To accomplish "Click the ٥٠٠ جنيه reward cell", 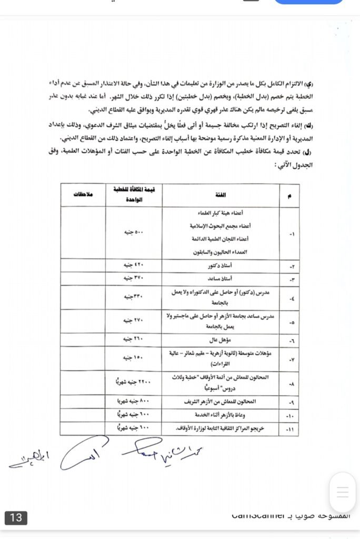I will point(134,232).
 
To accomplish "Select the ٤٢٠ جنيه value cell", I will point(134,266).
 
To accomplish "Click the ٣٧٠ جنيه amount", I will point(134,278).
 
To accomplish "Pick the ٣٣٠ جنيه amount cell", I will point(134,297).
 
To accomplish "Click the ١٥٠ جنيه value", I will point(134,358).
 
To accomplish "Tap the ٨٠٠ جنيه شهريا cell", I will point(134,402).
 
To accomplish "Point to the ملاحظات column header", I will point(83,195).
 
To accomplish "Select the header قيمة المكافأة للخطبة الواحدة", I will point(134,195).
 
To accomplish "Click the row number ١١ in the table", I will point(291,428).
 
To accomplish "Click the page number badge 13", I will point(16,517).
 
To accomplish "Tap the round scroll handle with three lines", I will point(343,492).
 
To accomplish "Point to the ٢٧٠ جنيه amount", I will point(134,320).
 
